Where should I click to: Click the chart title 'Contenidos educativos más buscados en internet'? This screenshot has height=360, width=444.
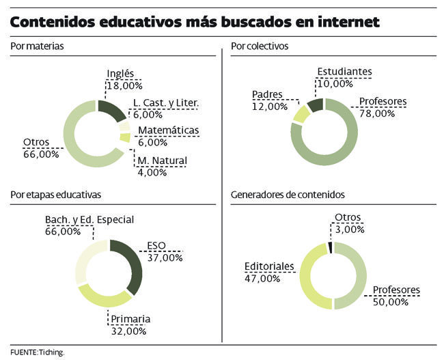tap(195, 21)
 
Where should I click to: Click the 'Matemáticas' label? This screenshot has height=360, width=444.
tap(168, 130)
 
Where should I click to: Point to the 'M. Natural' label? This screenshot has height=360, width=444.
tap(163, 161)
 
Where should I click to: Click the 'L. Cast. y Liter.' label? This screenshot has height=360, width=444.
tap(167, 103)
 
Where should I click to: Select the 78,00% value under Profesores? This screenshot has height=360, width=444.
tap(377, 113)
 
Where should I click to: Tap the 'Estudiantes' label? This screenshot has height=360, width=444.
tap(344, 71)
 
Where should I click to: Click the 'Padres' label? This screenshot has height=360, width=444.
tap(268, 94)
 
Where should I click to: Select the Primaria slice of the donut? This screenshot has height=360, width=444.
tap(102, 297)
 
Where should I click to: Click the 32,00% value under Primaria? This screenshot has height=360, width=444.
tap(128, 331)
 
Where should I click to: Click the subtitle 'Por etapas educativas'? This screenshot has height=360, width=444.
tap(56, 195)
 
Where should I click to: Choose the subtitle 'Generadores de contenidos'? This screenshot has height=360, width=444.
tap(288, 195)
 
